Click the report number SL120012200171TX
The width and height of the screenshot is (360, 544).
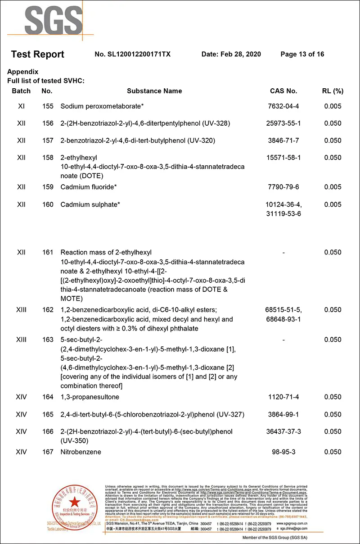point(133,54)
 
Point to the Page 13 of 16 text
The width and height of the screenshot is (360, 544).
point(302,54)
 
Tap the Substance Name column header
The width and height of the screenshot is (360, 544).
point(154,91)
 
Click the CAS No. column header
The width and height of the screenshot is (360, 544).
point(283,91)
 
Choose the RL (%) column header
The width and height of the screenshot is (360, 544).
point(333,91)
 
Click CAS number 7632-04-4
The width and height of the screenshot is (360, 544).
point(283,106)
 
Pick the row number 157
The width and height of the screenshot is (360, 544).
point(47,141)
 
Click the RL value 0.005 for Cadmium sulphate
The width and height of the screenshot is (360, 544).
point(333,204)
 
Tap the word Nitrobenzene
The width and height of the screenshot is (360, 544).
point(81,452)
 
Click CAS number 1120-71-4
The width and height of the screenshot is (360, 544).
point(283,397)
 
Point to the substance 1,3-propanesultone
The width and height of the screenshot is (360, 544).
point(90,397)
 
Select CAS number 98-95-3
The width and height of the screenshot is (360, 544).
point(283,452)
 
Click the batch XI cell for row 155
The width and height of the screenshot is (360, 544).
point(21,106)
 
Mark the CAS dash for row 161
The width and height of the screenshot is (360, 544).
point(283,252)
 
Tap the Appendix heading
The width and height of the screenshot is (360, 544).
point(23,72)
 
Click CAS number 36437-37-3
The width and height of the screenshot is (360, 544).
point(283,431)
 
